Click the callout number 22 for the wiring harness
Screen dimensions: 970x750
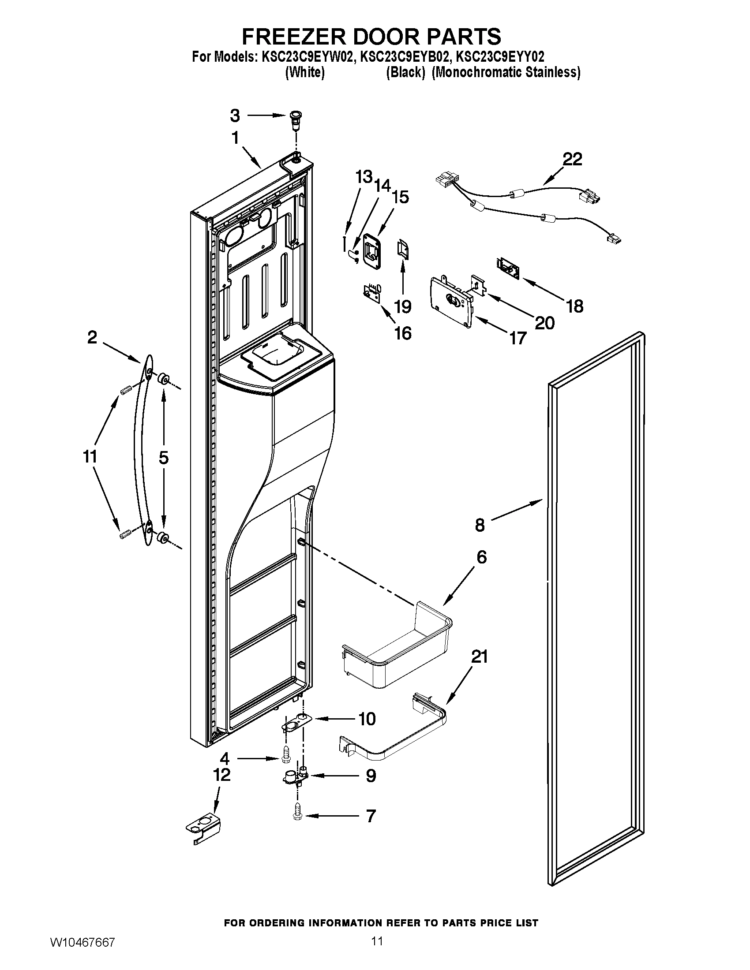[572, 159]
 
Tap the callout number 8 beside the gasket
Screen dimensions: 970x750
[480, 525]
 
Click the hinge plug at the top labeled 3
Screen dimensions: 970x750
[294, 119]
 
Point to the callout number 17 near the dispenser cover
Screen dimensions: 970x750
[517, 339]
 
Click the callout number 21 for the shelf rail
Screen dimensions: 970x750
[480, 657]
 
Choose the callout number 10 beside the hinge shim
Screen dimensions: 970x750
[367, 719]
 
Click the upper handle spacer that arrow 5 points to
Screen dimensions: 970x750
[163, 379]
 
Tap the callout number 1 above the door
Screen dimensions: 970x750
[235, 138]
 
